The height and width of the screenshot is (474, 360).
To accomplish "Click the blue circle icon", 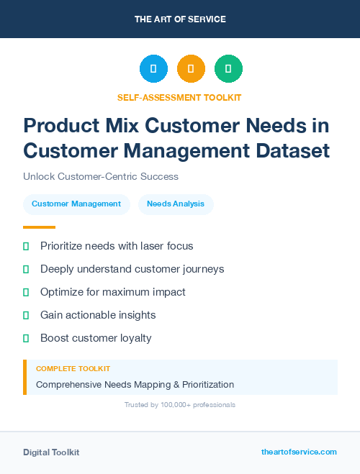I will [x=153, y=69].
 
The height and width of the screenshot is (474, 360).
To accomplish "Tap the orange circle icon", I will [x=191, y=69].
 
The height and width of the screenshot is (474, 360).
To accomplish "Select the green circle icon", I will [x=228, y=69].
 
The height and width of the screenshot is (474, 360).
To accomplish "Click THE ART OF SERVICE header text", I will [x=180, y=19].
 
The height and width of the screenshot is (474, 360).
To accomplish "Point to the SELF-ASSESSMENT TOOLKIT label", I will [x=179, y=97].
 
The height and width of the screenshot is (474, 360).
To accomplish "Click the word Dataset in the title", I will [x=292, y=151].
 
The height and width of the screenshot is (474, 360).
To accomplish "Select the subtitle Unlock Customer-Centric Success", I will [x=101, y=176].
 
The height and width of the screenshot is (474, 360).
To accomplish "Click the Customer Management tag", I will [x=76, y=204].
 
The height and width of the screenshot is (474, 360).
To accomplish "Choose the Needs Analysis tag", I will [x=176, y=204].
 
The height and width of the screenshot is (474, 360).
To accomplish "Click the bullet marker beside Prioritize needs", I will [x=26, y=246].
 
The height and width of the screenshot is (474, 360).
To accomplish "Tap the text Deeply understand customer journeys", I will [x=132, y=269].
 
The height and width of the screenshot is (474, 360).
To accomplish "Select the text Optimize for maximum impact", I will [x=113, y=292].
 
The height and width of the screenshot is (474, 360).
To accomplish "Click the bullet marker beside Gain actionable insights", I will [x=26, y=315].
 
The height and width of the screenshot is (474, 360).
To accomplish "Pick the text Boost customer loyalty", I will [x=96, y=338].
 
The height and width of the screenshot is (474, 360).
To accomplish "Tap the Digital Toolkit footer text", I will [x=51, y=452].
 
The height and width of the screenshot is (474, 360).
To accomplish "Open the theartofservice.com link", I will [x=299, y=452].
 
